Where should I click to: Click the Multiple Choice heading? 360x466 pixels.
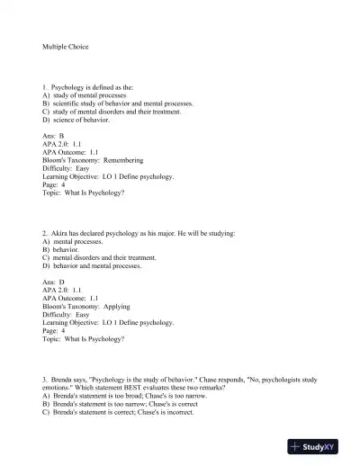(x=66, y=45)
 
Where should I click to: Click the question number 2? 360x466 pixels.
(x=45, y=234)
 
